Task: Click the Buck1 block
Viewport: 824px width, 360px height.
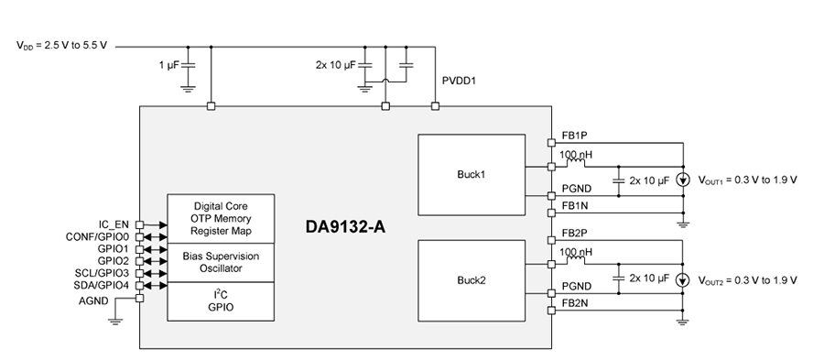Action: pos(471,174)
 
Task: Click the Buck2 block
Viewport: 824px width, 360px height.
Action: pos(471,280)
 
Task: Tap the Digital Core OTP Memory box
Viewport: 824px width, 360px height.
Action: pos(221,218)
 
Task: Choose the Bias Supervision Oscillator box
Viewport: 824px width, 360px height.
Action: pos(221,262)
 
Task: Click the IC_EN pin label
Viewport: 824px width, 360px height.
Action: pos(115,224)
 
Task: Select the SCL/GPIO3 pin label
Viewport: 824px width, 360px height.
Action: pos(101,273)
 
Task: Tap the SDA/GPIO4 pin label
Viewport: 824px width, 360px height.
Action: pos(101,286)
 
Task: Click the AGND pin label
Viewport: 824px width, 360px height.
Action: pos(113,299)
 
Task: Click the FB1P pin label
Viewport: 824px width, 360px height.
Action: pos(574,135)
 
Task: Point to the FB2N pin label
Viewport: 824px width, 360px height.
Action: pos(574,301)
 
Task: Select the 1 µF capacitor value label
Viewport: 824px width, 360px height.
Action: pos(169,65)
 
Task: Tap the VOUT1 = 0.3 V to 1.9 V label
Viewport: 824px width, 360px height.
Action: pos(748,180)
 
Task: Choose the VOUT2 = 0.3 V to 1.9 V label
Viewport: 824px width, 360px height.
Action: pos(748,279)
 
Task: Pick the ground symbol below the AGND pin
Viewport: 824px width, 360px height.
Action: pos(114,320)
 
